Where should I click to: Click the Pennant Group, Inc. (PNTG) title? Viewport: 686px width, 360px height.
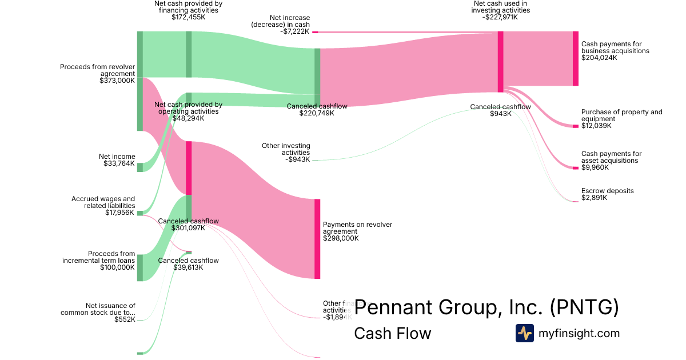pos(486,307)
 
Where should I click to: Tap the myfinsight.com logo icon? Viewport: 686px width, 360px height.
pos(524,333)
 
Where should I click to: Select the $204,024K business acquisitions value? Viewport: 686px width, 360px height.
pos(599,58)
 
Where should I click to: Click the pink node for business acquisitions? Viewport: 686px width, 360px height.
pos(575,58)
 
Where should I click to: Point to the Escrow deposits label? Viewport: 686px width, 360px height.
pos(607,191)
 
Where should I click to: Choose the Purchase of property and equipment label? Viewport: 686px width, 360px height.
pos(621,115)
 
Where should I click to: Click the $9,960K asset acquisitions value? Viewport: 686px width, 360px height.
pos(595,167)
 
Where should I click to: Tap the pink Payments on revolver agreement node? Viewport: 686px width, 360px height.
pos(317,238)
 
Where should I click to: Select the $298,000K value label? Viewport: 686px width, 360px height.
pos(341,238)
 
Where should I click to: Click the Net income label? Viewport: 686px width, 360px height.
pos(117,157)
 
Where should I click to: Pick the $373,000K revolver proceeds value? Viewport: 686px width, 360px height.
pos(117,81)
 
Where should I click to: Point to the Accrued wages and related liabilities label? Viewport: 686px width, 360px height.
pos(103,202)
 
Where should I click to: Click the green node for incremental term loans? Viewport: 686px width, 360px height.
pos(139,267)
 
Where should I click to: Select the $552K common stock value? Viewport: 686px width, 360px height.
pos(125,319)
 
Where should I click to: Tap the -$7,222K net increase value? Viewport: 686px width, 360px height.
pos(295,31)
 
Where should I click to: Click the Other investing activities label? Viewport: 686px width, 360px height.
pos(286,149)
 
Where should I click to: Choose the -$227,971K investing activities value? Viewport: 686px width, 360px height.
pos(500,17)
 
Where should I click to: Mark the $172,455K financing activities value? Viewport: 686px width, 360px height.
pos(188,17)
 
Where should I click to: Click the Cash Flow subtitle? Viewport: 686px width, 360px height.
pos(392,333)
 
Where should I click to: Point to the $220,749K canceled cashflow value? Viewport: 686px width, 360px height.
pos(317,113)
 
